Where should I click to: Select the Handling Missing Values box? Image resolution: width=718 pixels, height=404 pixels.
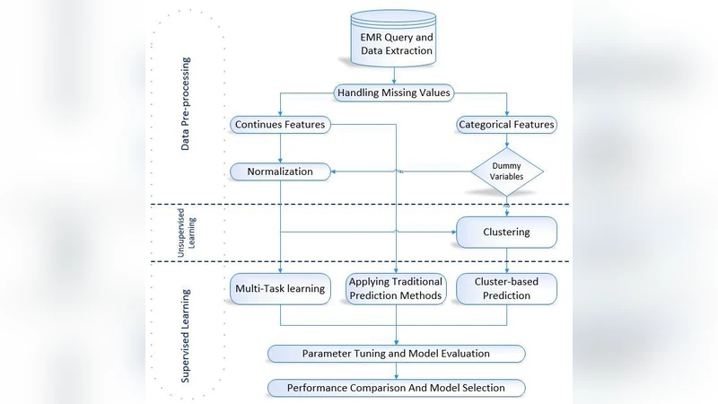(394, 92)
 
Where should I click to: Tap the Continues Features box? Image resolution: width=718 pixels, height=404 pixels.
(279, 124)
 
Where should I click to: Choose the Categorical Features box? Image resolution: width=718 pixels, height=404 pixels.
(506, 124)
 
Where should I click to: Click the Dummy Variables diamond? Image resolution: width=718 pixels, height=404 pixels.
(507, 171)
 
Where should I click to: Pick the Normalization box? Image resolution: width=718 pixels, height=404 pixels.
(280, 171)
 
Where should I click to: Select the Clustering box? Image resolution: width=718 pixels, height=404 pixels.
(507, 232)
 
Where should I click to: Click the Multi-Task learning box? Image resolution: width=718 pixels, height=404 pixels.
(280, 288)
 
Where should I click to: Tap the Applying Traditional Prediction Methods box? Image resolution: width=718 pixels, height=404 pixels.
(395, 288)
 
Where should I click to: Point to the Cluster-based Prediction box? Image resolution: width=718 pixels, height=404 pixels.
(507, 288)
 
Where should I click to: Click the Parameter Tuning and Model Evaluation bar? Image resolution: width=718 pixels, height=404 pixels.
(395, 354)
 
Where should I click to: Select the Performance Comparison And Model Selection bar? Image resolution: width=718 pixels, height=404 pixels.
(395, 388)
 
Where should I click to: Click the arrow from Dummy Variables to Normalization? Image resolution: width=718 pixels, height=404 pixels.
(404, 171)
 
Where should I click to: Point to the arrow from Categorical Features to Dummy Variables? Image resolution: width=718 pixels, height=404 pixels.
(507, 140)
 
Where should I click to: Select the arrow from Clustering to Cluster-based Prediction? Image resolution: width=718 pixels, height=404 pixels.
(507, 260)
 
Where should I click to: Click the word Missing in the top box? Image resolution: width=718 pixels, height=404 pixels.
(404, 92)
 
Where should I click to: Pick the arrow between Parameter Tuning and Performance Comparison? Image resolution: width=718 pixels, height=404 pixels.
(395, 371)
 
